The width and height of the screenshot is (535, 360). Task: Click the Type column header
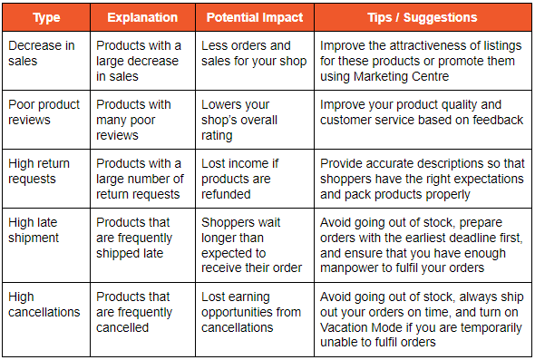click(x=46, y=17)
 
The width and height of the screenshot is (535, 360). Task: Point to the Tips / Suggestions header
click(x=423, y=17)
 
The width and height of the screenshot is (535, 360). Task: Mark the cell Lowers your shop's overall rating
click(x=244, y=120)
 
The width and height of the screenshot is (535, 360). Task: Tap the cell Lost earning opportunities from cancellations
click(x=250, y=311)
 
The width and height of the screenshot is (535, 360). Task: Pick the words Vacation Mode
click(x=362, y=326)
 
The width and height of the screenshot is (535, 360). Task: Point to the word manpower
click(x=349, y=268)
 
